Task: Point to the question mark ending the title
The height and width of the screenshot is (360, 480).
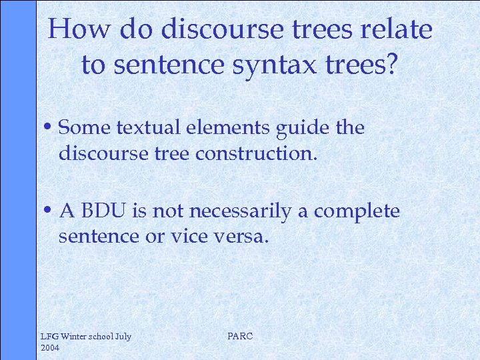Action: coord(391,64)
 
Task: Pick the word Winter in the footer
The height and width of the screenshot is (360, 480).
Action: coord(75,336)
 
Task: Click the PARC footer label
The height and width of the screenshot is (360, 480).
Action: coord(240,336)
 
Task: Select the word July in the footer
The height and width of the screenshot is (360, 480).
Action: coord(123,336)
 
